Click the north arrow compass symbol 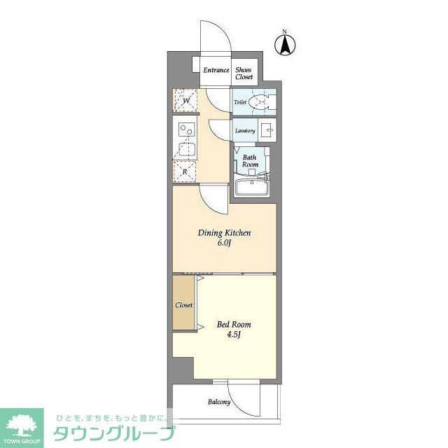click(286, 44)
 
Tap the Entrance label click(216, 71)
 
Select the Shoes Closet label click(244, 73)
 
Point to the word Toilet click(240, 102)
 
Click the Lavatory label click(244, 131)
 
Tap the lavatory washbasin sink click(267, 129)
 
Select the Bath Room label click(250, 161)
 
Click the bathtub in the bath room click(252, 187)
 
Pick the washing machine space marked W click(186, 101)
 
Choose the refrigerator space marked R click(185, 170)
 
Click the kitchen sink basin click(185, 149)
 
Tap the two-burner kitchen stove click(185, 129)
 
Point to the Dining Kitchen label click(224, 232)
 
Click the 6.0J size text click(224, 244)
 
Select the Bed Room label click(233, 325)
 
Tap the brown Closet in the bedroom click(184, 306)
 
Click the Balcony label click(218, 402)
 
